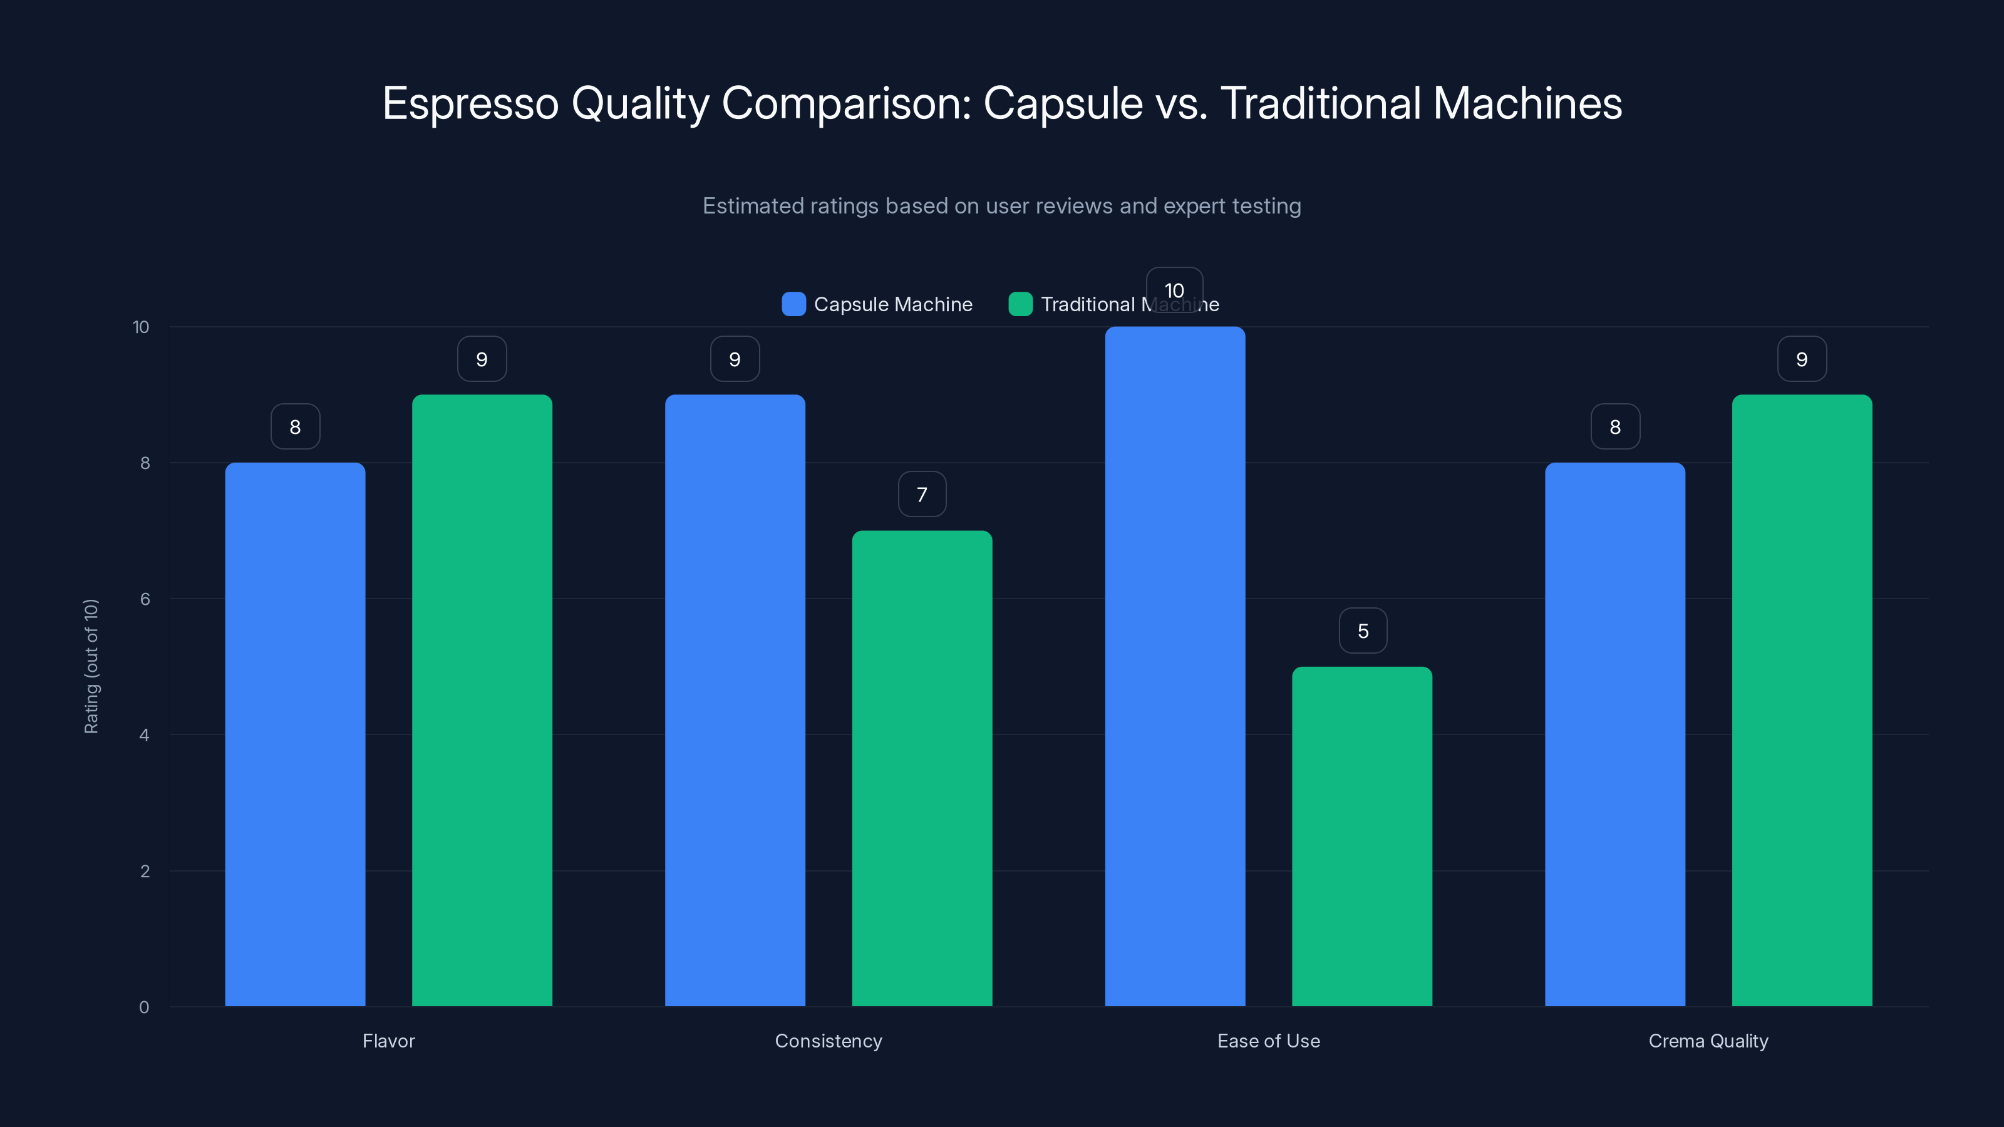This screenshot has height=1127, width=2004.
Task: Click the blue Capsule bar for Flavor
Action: tap(295, 734)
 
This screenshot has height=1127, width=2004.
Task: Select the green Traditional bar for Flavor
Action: tap(482, 700)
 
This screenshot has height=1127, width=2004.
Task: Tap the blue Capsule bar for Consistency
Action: tap(735, 700)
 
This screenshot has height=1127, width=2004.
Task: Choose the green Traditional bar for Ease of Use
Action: tap(1361, 836)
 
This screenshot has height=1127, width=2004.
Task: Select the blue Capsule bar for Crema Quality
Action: tap(1615, 734)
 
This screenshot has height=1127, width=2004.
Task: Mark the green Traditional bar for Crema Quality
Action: tap(1802, 700)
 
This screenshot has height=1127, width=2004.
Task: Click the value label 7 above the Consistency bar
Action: tap(922, 495)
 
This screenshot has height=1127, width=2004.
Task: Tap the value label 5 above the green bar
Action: tap(1363, 630)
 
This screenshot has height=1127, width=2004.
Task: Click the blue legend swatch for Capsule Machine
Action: tap(793, 304)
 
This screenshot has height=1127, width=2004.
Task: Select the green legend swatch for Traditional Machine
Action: tap(1020, 304)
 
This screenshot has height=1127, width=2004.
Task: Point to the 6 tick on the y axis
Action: tap(145, 599)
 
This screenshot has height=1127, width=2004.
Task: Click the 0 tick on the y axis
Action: tap(144, 1007)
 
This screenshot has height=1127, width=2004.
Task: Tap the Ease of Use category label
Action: tap(1268, 1041)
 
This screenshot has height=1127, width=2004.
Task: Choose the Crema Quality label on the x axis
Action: tap(1708, 1041)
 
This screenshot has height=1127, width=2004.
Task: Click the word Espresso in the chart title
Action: tap(470, 103)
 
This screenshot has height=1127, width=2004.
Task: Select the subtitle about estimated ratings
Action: tap(1001, 206)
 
